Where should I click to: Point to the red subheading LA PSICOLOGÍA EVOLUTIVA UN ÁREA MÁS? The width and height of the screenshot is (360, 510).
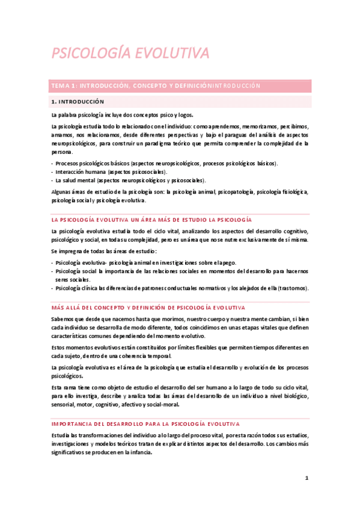[x=151, y=220]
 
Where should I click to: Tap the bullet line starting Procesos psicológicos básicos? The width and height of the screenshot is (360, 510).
[x=166, y=164]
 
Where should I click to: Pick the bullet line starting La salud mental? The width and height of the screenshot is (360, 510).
[x=130, y=180]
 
